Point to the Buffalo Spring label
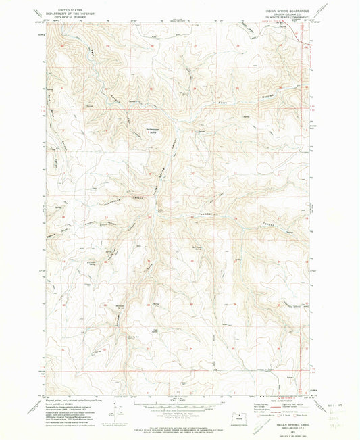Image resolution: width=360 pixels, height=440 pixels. pos(161,212)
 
